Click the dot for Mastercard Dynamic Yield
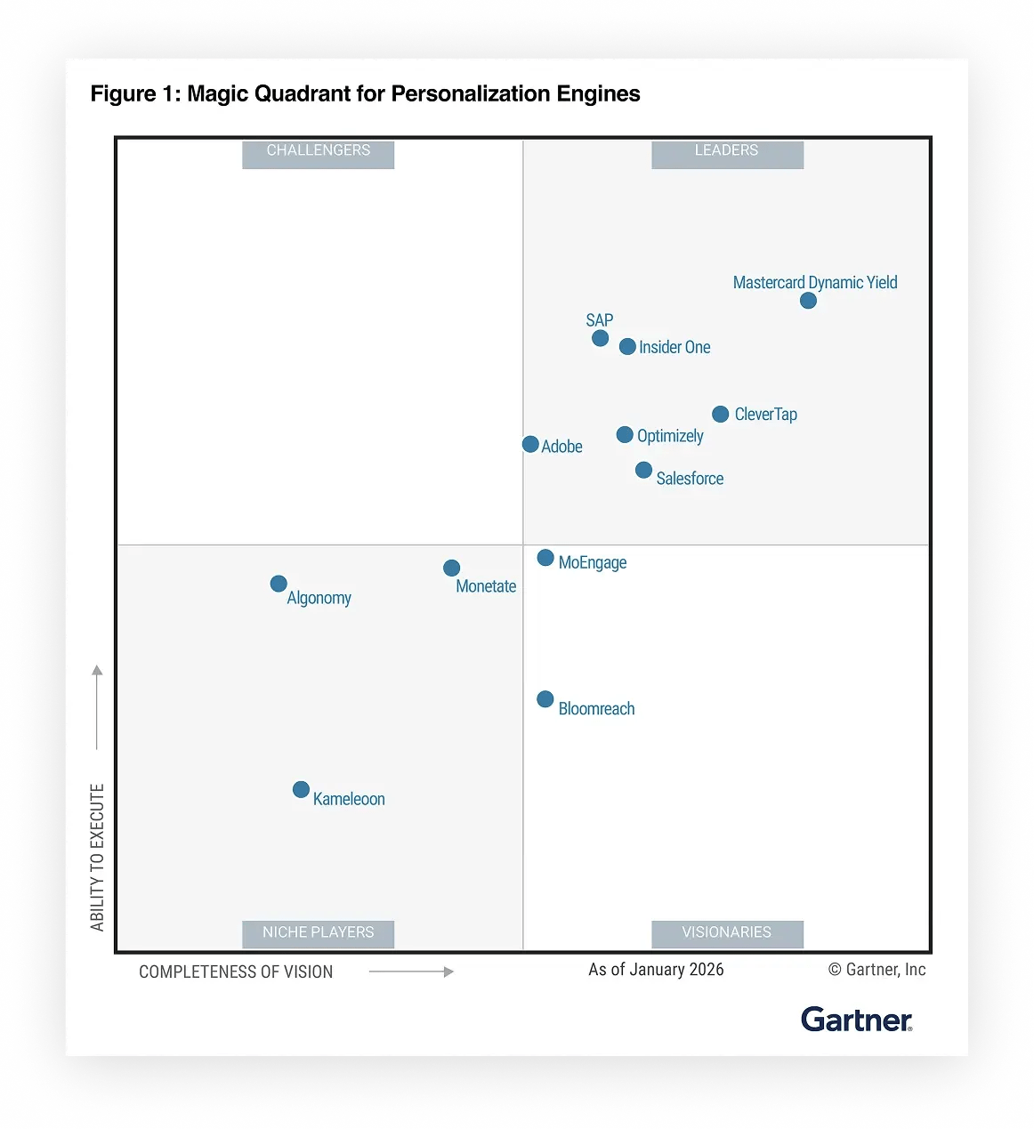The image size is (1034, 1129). click(808, 301)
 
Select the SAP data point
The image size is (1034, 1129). click(601, 338)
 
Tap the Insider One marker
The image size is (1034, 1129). click(627, 347)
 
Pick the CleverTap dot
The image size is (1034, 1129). click(721, 415)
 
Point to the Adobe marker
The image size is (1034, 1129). click(530, 444)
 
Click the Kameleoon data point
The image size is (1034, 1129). click(302, 790)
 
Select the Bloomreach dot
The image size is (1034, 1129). click(545, 699)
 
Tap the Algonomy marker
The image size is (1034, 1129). click(279, 584)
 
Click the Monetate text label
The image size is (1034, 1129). click(486, 586)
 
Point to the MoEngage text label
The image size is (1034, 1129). click(593, 562)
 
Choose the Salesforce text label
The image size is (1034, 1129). click(690, 479)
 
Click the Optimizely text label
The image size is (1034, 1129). click(670, 436)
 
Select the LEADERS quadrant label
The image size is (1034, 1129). click(727, 151)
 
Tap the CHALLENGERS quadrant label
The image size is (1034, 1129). click(319, 151)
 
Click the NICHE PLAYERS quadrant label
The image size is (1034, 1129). click(319, 932)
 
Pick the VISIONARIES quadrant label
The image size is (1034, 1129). click(727, 932)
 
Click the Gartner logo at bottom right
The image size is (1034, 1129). click(856, 1020)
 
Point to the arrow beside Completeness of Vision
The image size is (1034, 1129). click(411, 972)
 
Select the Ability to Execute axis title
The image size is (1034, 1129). click(97, 857)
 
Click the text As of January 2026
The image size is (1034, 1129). click(656, 970)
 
